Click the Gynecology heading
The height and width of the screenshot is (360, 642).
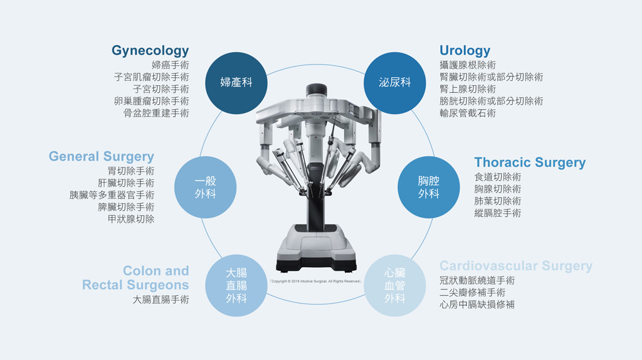[x=150, y=50]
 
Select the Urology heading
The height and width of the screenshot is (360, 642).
[x=465, y=50]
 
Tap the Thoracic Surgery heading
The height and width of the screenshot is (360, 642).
[x=530, y=162]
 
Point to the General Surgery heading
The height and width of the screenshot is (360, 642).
[x=101, y=156]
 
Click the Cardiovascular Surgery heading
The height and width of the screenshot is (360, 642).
[x=516, y=266]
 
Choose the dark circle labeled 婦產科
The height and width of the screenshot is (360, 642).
[x=236, y=83]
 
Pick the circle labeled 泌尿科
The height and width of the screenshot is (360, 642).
[x=395, y=83]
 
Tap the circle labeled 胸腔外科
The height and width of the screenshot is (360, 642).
[x=429, y=187]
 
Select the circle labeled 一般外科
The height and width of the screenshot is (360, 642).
[x=205, y=187]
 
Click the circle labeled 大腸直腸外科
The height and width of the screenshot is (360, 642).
[x=236, y=285]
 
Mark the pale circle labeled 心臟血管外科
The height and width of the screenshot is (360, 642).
[x=395, y=285]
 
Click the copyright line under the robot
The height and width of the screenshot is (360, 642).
[x=315, y=282]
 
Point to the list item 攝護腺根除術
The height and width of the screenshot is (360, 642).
[x=468, y=65]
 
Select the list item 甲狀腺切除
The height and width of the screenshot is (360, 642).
[x=131, y=219]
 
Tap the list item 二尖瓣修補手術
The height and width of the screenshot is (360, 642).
[x=473, y=292]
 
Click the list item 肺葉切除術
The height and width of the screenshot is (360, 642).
[x=497, y=201]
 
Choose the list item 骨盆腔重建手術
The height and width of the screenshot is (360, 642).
[x=156, y=113]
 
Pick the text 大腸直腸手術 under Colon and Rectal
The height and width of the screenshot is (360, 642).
[x=161, y=300]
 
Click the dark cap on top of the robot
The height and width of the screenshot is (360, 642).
[x=317, y=89]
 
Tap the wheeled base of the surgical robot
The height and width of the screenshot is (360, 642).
[x=316, y=248]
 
